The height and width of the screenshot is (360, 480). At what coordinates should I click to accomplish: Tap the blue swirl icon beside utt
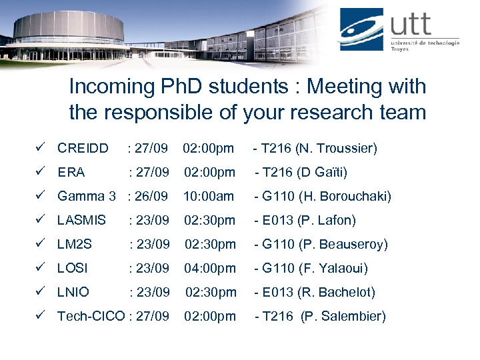pos(361,29)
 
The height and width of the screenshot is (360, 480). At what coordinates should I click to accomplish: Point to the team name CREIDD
pos(83,148)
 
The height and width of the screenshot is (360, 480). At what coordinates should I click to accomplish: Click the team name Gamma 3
pos(86,196)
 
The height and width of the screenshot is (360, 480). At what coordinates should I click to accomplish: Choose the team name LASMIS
pos(81,220)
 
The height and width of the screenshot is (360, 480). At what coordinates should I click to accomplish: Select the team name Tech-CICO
pos(91,316)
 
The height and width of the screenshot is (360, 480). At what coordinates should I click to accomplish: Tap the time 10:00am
pos(209,196)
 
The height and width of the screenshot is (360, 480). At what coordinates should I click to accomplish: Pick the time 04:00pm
pos(210,268)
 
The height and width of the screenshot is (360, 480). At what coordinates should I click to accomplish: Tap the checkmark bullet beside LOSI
pos(40,268)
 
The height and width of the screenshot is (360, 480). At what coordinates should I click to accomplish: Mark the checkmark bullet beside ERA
pos(40,172)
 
